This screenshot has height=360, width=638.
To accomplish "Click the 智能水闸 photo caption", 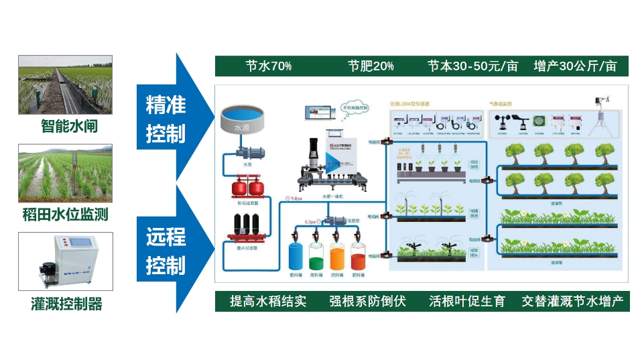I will (64, 125).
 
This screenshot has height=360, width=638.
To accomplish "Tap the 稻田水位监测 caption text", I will (65, 215).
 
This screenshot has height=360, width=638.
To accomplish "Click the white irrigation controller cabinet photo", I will (65, 261).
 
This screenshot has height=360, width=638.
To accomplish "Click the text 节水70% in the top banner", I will (268, 66).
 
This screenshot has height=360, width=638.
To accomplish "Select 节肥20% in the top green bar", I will (371, 66).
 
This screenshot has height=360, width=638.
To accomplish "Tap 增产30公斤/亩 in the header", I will (575, 66).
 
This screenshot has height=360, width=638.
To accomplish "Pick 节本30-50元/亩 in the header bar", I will (473, 66).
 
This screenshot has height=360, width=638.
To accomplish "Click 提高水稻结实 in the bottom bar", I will (267, 301).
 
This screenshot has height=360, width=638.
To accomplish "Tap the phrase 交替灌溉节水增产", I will (573, 301).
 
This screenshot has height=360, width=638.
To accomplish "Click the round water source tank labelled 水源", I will (242, 119).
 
